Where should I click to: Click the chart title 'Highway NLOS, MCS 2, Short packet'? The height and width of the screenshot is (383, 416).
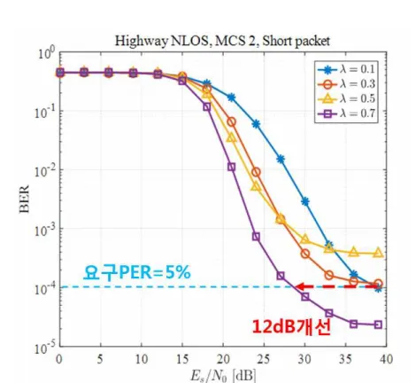(222, 41)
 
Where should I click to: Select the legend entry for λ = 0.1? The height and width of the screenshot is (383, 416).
(346, 70)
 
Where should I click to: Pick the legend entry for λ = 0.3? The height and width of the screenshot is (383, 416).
(346, 84)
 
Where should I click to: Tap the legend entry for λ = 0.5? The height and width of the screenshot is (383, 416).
(346, 98)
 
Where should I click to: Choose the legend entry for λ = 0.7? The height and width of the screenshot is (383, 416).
(346, 113)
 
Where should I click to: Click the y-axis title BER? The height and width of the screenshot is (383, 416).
(25, 199)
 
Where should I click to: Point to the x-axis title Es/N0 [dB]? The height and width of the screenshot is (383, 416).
(223, 377)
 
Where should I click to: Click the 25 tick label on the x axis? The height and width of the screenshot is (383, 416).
(264, 359)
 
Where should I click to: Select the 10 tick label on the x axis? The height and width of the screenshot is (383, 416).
(142, 359)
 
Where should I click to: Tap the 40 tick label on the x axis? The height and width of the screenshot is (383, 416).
(386, 359)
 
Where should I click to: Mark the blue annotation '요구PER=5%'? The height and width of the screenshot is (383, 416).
(137, 272)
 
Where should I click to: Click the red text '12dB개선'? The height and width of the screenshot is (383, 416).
(291, 327)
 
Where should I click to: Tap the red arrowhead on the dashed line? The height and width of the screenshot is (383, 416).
(300, 286)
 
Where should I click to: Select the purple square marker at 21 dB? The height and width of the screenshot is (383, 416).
(232, 167)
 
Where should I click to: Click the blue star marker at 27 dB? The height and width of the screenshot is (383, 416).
(281, 160)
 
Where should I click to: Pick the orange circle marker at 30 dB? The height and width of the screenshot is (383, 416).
(305, 254)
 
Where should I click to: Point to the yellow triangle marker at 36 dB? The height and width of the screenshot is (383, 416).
(354, 252)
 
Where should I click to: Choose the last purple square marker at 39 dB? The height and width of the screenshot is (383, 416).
(378, 324)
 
